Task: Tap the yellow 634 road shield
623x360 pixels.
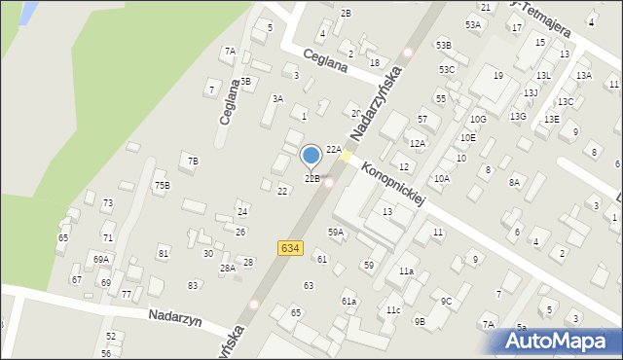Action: coord(289,249)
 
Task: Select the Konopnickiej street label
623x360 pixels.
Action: coord(393,184)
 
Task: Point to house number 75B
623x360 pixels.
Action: coord(162,185)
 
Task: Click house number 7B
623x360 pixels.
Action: coord(193,161)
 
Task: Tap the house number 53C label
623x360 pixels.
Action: coord(447,69)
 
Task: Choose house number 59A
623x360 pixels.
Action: coord(336,232)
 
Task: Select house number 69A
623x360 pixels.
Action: coord(100,260)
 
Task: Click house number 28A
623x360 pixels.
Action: coord(228,269)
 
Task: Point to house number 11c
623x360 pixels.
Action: coord(392,310)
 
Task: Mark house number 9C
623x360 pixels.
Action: coord(446,302)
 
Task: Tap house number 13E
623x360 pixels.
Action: coord(552,119)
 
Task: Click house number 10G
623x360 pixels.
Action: coord(477,120)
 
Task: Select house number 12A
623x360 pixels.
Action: coord(418,144)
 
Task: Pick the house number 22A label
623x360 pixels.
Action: coord(333,149)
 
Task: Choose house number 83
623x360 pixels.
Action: coord(194,285)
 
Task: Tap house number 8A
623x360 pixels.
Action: coord(514,182)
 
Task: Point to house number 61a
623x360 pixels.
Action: coord(348,302)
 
